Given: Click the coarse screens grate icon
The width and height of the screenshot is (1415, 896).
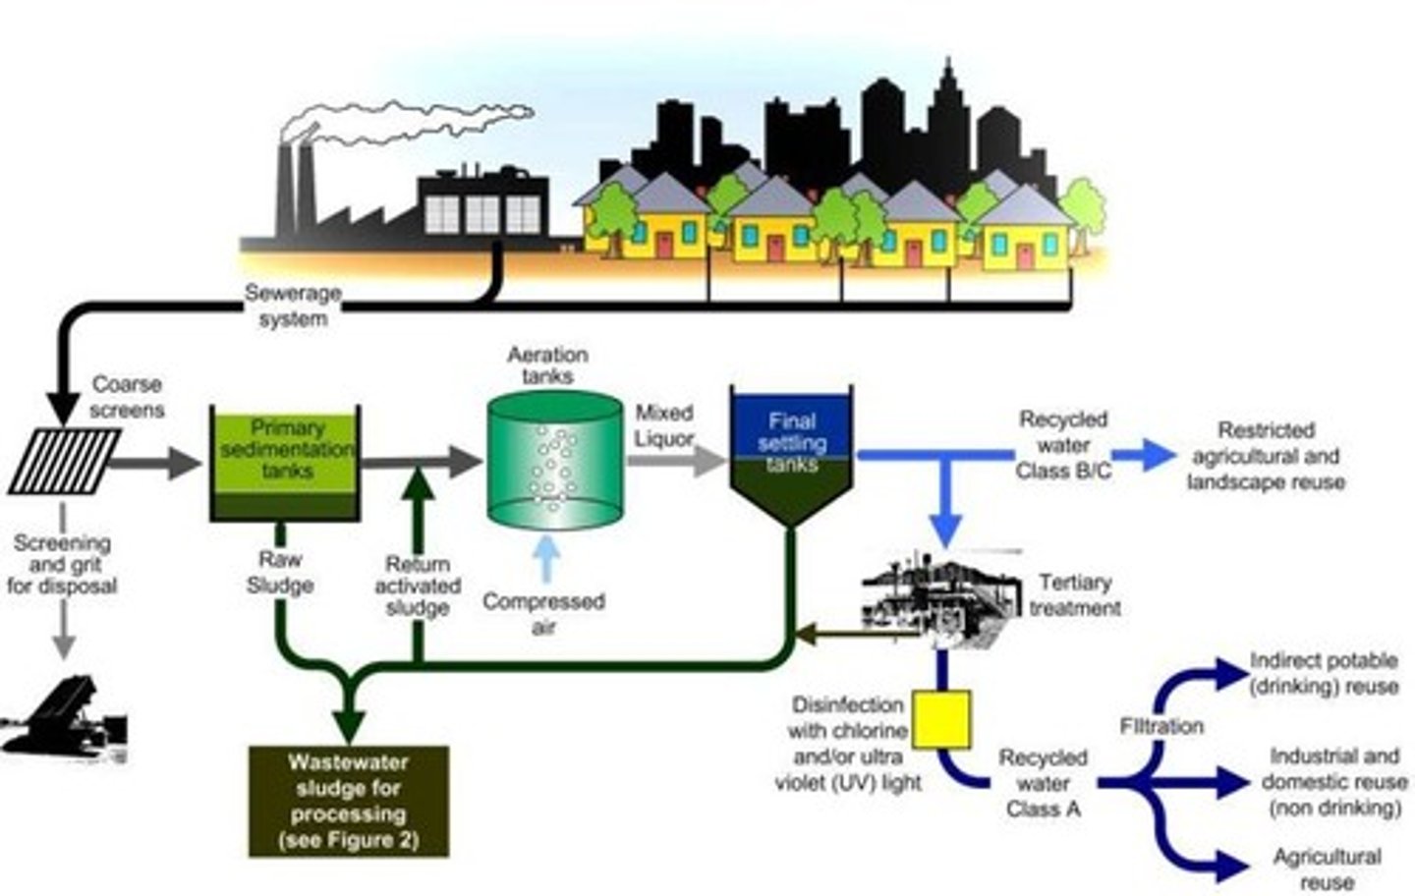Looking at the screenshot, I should pos(64,461).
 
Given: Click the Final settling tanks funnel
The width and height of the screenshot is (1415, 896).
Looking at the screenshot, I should pos(792,452).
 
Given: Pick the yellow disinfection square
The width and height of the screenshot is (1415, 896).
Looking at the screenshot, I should pos(941,719).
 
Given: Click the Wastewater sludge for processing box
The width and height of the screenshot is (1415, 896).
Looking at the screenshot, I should pos(349,801).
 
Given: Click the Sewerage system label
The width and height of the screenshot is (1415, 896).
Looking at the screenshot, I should pos(293,306).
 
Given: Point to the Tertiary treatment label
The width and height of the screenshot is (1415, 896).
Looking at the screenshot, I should pos(1075,594).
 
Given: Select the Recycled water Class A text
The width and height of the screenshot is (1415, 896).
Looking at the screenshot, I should pos(1043,783).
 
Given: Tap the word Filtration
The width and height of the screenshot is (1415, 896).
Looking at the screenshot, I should pos(1161,726).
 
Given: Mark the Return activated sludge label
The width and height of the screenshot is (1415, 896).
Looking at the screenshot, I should pos(418,587).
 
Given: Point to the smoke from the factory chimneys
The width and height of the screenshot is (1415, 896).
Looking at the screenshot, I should pos(413,123).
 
